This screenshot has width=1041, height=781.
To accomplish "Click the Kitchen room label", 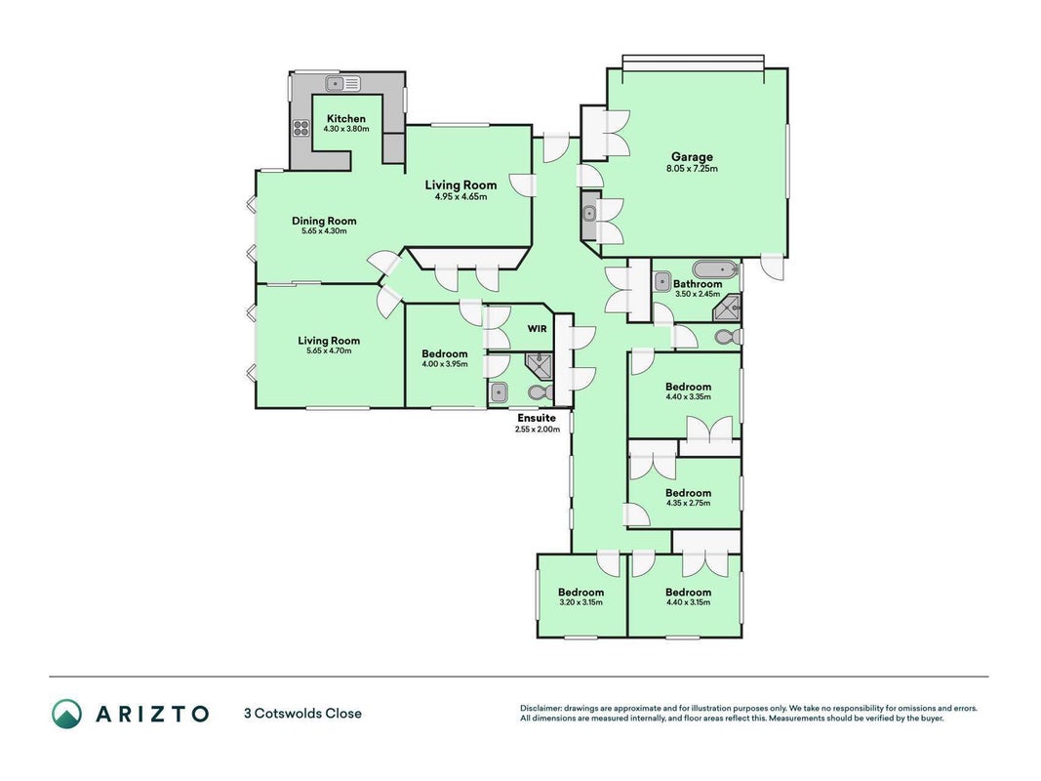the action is click(x=346, y=118).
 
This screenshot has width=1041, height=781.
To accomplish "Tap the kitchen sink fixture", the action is click(x=342, y=84).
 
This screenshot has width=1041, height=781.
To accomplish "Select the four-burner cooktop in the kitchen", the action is click(x=300, y=128).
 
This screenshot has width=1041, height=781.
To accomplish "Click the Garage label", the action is click(x=692, y=157).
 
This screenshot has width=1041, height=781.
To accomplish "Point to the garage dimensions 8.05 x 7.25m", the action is click(x=692, y=169).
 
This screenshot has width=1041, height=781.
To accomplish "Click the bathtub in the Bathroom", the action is click(x=716, y=269).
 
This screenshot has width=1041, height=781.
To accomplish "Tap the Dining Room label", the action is click(x=324, y=221).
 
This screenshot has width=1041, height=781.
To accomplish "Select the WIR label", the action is click(x=538, y=328).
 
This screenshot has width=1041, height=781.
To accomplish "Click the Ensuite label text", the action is click(x=537, y=418).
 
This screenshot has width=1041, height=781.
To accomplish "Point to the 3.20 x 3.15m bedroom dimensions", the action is click(x=581, y=602).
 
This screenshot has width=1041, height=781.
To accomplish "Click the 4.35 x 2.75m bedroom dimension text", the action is click(x=689, y=503).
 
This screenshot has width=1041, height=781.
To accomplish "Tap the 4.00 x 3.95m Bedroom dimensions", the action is click(x=445, y=364).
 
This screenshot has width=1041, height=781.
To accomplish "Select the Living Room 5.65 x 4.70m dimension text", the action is click(x=329, y=350).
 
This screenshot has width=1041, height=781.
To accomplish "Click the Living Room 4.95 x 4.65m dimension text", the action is click(x=460, y=196).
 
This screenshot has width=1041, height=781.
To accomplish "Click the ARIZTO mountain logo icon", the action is click(x=67, y=714).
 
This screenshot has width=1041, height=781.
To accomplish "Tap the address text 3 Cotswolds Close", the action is click(x=303, y=714).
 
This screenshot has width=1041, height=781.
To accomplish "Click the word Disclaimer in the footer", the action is click(x=541, y=709).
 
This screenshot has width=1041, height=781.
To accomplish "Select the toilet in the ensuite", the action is click(x=541, y=392).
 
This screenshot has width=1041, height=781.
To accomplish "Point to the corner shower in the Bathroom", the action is click(x=728, y=308).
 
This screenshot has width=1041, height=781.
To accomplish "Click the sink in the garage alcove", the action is click(x=589, y=214).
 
